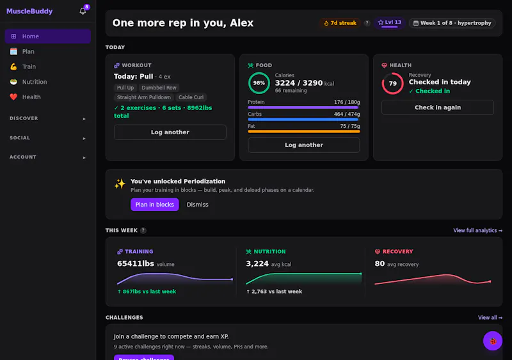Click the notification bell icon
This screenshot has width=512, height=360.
[83, 11]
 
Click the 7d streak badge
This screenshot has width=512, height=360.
[340, 23]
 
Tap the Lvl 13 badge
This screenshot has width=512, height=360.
[389, 22]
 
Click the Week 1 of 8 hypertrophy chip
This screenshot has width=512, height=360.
[452, 23]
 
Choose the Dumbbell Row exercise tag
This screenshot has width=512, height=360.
[159, 88]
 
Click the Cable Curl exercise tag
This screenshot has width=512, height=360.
[191, 97]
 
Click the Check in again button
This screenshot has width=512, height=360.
[438, 107]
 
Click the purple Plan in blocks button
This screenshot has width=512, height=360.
[155, 205]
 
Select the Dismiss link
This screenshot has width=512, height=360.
[197, 205]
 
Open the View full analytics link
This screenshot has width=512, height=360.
[477, 230]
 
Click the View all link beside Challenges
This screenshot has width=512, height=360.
[490, 318]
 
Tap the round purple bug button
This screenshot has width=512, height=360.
[492, 341]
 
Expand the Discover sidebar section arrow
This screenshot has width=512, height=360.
[84, 119]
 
